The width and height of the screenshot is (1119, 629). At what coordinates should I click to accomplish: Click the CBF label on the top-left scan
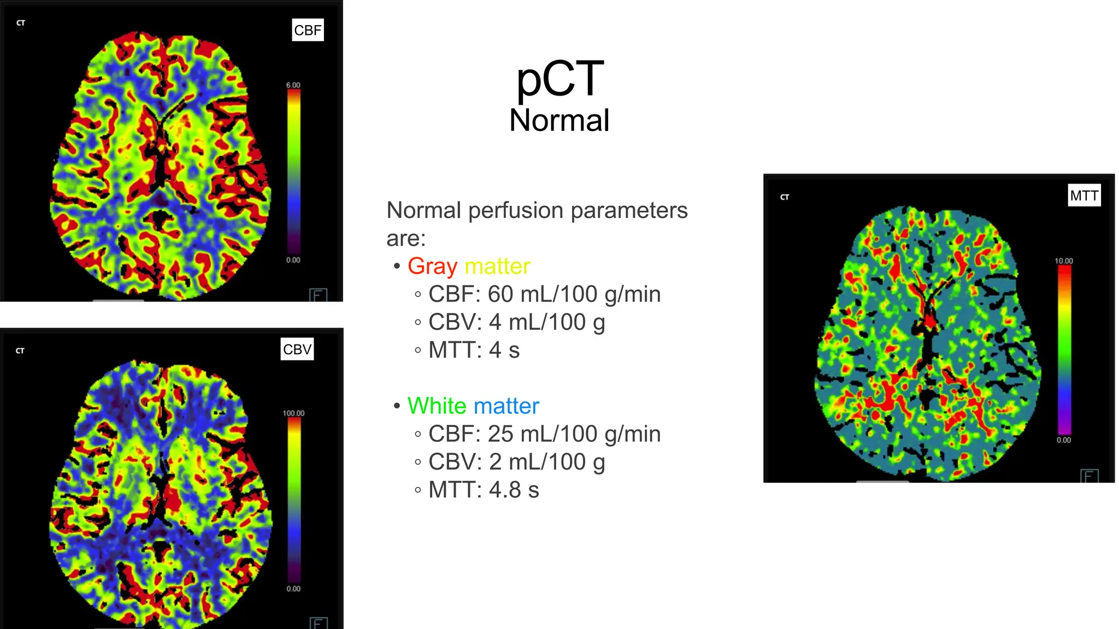click(x=308, y=30)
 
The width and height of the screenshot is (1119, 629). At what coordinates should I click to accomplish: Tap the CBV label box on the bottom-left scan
click(x=297, y=349)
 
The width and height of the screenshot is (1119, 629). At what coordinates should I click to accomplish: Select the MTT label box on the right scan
click(x=1084, y=195)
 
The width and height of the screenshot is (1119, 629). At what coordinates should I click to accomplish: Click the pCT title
click(x=559, y=79)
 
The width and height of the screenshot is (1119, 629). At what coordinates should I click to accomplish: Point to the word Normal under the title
click(x=559, y=121)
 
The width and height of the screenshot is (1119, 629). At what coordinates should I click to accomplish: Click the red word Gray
click(x=432, y=266)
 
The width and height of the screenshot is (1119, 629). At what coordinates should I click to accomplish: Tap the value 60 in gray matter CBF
click(x=500, y=294)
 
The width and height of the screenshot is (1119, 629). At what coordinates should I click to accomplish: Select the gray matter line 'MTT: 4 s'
click(x=474, y=350)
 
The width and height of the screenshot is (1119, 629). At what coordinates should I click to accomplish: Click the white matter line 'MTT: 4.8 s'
click(x=484, y=490)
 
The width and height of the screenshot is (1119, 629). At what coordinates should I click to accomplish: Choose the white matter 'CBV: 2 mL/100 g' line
click(x=516, y=462)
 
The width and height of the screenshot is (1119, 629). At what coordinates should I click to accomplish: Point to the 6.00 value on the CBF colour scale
click(x=293, y=85)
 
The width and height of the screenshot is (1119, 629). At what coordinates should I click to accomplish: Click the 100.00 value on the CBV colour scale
click(x=293, y=413)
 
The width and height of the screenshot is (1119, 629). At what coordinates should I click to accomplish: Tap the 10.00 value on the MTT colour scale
click(x=1064, y=261)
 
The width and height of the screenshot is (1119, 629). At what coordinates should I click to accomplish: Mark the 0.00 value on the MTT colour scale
click(x=1064, y=440)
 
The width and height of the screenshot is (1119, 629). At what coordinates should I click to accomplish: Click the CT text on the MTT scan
click(x=785, y=197)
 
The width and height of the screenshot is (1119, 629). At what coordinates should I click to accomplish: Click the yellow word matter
click(x=497, y=266)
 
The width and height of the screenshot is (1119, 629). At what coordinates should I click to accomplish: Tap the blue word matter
click(x=507, y=406)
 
